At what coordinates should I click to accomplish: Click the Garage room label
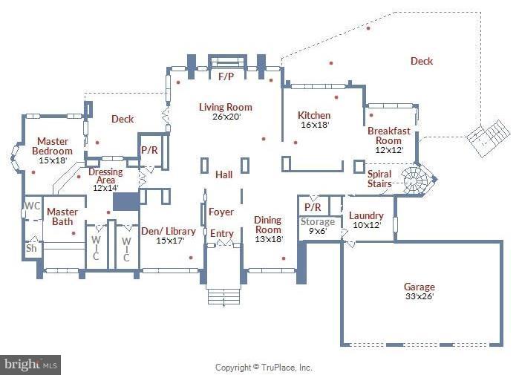[419, 287]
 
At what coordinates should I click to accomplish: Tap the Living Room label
[225, 108]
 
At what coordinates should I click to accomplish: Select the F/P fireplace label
[226, 76]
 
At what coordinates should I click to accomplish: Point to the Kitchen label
[314, 116]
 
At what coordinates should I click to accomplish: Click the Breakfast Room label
[388, 136]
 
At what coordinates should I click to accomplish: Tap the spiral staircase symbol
[413, 179]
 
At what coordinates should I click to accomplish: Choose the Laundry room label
[366, 216]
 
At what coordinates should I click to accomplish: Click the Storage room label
[317, 222]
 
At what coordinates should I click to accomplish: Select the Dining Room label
[268, 221]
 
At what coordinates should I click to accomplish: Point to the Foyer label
[221, 212]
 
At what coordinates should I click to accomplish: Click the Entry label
[221, 234]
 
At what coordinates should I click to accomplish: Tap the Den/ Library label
[169, 232]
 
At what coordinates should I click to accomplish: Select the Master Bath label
[62, 212]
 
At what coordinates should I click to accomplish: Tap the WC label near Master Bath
[32, 206]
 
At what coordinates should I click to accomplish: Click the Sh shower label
[31, 248]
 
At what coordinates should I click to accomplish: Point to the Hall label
[223, 175]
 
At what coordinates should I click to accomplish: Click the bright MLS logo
[30, 365]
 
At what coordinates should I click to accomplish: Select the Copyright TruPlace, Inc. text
[263, 368]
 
